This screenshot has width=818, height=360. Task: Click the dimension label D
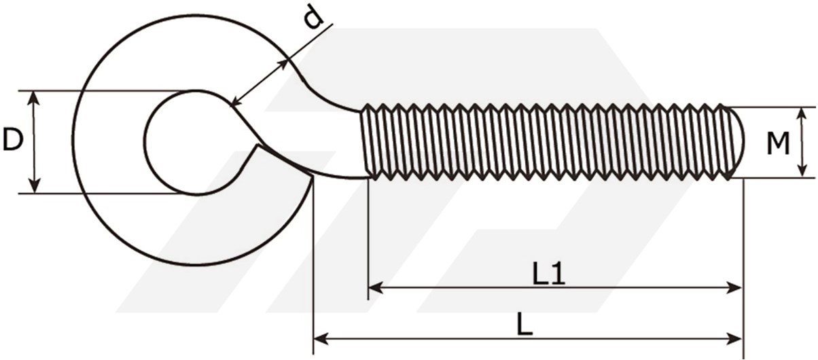13,139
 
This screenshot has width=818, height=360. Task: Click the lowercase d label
314,17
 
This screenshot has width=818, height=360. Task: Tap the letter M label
777,143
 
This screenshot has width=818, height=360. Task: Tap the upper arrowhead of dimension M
802,114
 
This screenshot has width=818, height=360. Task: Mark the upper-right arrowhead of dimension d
283,65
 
